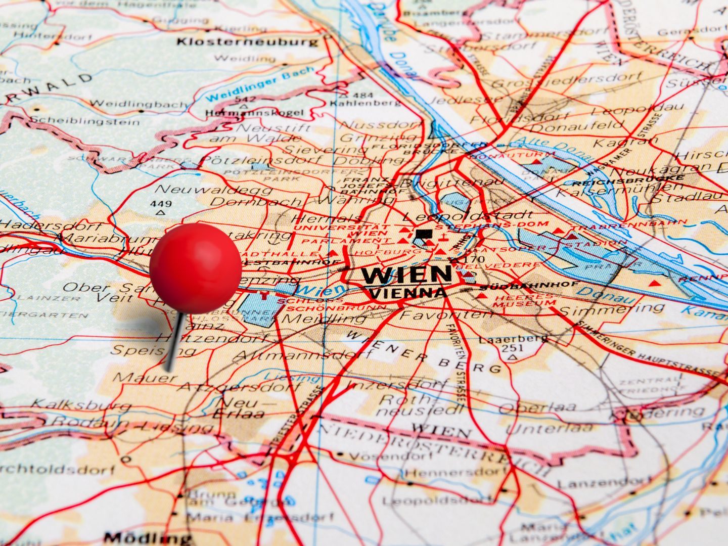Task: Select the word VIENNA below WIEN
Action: [x=408, y=293]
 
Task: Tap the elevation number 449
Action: [x=161, y=204]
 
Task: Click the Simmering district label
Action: [x=613, y=309]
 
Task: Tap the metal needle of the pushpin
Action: [x=173, y=341]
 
